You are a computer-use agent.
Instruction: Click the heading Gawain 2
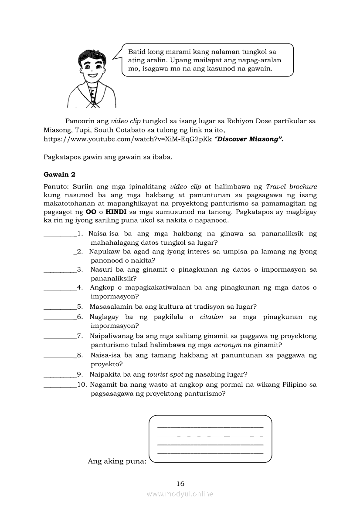60,175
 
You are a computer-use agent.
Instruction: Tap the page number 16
180,483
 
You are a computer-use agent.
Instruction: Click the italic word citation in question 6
211,317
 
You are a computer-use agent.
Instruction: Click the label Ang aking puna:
117,461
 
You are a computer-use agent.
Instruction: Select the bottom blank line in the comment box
210,453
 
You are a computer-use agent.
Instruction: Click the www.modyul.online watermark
180,494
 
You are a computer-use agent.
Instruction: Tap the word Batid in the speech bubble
136,52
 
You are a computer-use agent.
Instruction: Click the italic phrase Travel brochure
291,186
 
